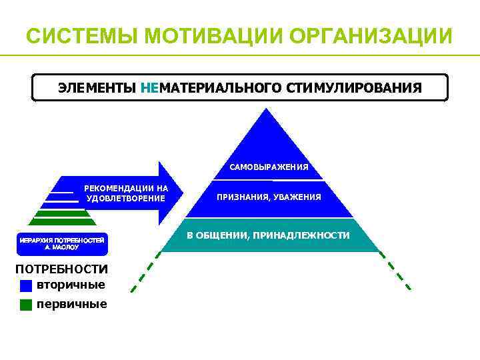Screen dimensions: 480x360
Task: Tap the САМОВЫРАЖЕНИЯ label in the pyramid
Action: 269,167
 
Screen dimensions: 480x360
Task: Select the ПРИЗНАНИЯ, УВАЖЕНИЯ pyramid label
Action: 269,197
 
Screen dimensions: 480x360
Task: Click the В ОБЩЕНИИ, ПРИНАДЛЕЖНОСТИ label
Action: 268,235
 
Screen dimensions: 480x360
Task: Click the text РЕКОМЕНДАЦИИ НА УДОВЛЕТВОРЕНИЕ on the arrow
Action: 126,193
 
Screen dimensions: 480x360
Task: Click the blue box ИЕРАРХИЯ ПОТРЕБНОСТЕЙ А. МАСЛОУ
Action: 61,243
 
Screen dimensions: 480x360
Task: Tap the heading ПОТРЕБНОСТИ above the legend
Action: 61,269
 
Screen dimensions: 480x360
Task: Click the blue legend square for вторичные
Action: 26,286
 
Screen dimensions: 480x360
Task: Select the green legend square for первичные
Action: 26,305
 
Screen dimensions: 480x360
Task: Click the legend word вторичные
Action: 71,285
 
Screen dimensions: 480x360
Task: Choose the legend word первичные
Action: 72,304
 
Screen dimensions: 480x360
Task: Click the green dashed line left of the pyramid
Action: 145,274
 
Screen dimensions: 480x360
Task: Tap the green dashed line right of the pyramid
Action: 396,273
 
